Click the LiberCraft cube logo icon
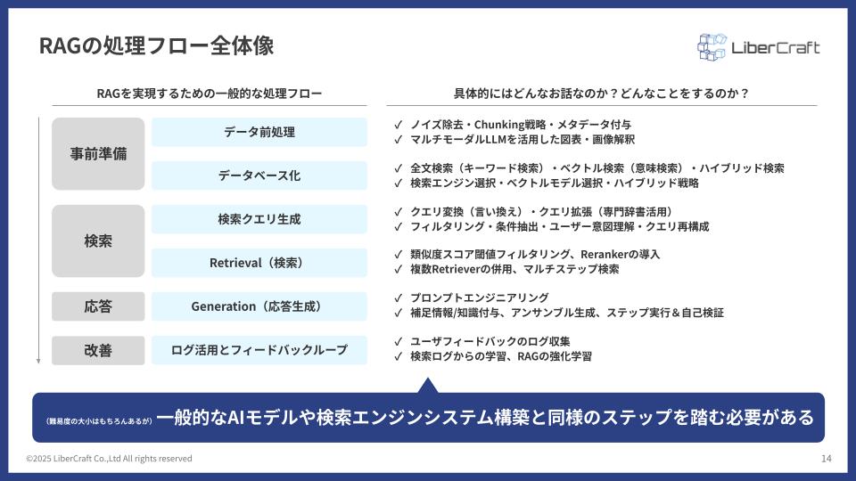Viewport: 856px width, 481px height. pos(712,47)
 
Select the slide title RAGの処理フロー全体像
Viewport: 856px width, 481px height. pos(157,45)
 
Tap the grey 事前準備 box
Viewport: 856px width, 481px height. pos(98,154)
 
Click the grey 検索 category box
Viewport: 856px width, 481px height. pos(98,241)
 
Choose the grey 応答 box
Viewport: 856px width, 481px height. pos(98,306)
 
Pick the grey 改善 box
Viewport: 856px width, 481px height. pos(98,350)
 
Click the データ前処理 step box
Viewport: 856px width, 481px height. pos(259,132)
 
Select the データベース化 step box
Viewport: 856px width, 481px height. pos(259,175)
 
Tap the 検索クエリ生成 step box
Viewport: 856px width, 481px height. pos(259,219)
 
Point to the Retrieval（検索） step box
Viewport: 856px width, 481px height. pos(259,263)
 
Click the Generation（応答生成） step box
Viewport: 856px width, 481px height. pos(259,306)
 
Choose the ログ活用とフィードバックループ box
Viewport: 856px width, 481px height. pos(259,350)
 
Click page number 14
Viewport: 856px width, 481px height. pos(826,459)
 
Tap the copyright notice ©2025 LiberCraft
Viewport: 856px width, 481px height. pos(109,459)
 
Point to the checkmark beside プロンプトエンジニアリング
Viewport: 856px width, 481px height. pos(398,298)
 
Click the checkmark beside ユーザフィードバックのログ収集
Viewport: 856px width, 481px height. pos(398,342)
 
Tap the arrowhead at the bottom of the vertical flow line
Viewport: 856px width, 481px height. pos(38,361)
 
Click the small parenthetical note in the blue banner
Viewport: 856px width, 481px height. pos(99,421)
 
